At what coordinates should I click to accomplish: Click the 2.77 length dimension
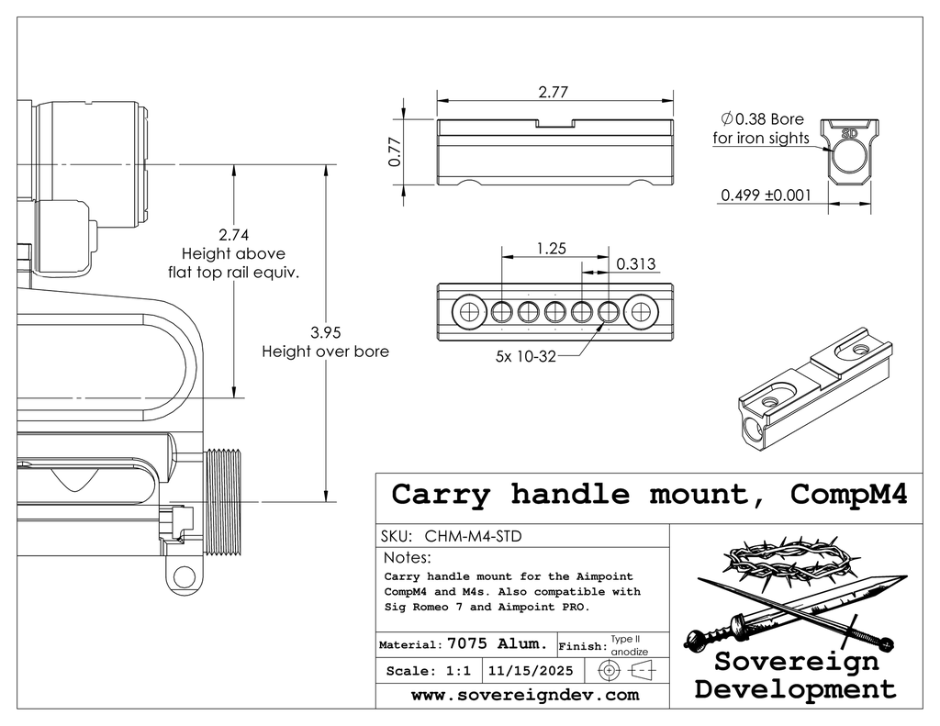coord(554,92)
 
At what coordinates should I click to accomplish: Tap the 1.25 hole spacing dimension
coord(553,249)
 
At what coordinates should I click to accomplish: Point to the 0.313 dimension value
coord(635,264)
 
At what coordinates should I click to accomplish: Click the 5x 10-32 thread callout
coord(526,357)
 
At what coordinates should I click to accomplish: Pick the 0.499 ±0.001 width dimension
coord(767,195)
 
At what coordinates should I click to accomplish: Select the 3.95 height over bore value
coord(328,331)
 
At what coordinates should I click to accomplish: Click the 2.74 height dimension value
coord(234,234)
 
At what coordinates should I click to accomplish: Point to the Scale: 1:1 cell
coord(429,671)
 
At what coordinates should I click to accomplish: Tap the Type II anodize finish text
coord(630,644)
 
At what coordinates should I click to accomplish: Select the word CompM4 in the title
coord(848,495)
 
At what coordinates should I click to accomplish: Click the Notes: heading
coord(407,558)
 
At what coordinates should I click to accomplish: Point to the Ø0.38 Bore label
coord(763,119)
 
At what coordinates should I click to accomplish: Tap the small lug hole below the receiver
coord(185,578)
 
